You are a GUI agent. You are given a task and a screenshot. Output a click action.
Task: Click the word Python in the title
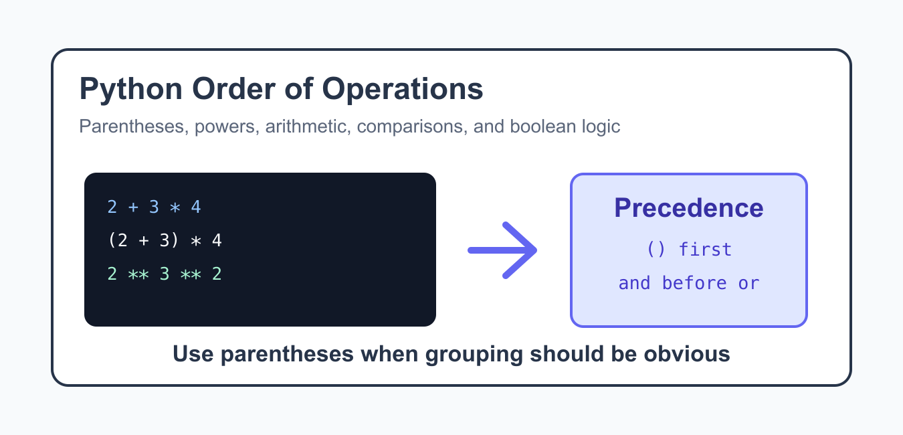pyautogui.click(x=131, y=90)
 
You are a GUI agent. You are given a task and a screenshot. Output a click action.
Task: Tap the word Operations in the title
pyautogui.click(x=402, y=90)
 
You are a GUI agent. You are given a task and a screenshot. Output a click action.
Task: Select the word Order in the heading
pyautogui.click(x=234, y=89)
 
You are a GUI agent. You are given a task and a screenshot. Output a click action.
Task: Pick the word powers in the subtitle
pyautogui.click(x=227, y=127)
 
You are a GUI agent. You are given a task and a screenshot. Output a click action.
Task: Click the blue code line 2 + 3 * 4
pyautogui.click(x=154, y=207)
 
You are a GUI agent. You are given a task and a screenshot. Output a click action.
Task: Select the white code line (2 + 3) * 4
pyautogui.click(x=165, y=240)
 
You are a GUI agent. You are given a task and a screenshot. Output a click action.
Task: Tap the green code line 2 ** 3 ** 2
pyautogui.click(x=165, y=274)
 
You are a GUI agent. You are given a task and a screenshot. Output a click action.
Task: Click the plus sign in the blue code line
pyautogui.click(x=133, y=207)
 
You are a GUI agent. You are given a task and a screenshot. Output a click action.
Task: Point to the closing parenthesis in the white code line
pyautogui.click(x=175, y=240)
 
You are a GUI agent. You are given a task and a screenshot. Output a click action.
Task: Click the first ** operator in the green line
pyautogui.click(x=138, y=274)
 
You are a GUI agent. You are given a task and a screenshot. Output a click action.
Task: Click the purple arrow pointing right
pyautogui.click(x=502, y=250)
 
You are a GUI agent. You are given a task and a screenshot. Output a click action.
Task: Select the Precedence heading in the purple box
pyautogui.click(x=688, y=208)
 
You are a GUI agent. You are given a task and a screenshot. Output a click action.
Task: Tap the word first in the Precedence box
pyautogui.click(x=705, y=250)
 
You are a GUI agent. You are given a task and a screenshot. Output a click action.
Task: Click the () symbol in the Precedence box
pyautogui.click(x=656, y=250)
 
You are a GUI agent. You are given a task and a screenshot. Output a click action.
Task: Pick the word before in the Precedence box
pyautogui.click(x=694, y=283)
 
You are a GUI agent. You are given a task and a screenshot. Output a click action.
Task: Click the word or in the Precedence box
pyautogui.click(x=748, y=284)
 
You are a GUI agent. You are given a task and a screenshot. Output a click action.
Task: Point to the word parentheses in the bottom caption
pyautogui.click(x=287, y=355)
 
